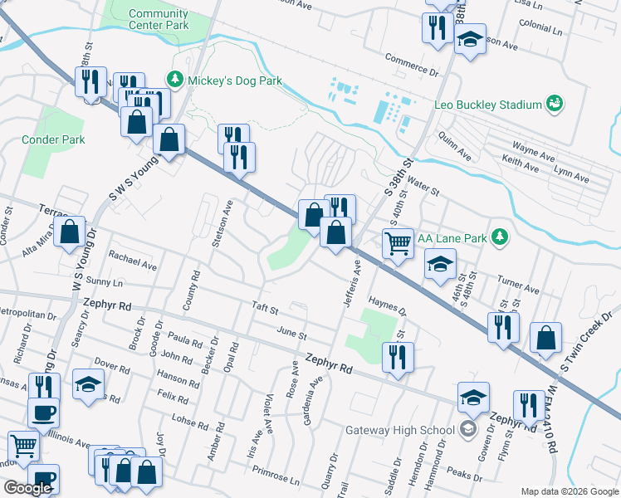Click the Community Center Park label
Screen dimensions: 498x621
(x=159, y=19)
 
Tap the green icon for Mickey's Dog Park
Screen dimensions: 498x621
(x=175, y=81)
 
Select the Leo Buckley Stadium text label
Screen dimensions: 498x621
(x=487, y=105)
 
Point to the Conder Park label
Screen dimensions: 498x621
(x=53, y=139)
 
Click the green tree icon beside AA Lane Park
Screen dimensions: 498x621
(x=499, y=237)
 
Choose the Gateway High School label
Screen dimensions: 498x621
(x=400, y=429)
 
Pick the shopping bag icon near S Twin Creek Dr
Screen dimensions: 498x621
(x=545, y=337)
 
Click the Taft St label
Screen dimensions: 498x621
(x=264, y=308)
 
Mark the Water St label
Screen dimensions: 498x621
(x=423, y=188)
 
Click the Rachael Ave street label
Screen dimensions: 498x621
(x=132, y=261)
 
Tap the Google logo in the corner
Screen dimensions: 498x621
(x=27, y=488)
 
